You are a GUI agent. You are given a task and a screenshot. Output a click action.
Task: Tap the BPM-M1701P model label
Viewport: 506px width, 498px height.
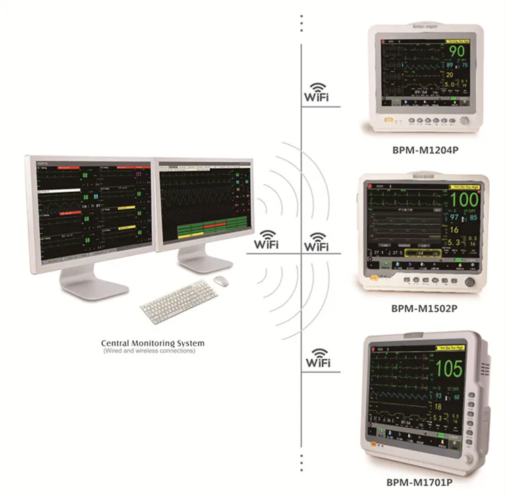click(424, 483)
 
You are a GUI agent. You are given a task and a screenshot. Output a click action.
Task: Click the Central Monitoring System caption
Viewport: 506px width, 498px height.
click(152, 343)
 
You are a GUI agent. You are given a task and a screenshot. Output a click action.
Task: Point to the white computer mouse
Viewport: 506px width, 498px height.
click(221, 280)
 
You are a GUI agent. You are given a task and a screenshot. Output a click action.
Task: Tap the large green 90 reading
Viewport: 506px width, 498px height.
click(457, 51)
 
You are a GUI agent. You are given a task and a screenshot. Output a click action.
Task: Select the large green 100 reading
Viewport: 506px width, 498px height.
click(463, 199)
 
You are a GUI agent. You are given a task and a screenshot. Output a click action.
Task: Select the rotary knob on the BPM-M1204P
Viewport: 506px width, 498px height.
click(464, 121)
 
